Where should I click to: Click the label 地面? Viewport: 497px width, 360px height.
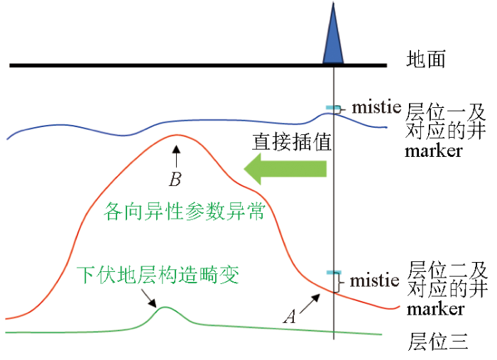click(426, 59)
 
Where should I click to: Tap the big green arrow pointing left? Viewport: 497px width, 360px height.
click(285, 169)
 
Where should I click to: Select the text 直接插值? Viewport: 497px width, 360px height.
click(292, 141)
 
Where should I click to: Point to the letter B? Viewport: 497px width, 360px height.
click(175, 180)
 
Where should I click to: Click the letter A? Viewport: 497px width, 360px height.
click(290, 316)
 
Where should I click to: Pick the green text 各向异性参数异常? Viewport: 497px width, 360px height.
click(184, 211)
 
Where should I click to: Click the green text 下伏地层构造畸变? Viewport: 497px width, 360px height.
click(158, 274)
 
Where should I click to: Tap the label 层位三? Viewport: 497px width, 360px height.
click(438, 342)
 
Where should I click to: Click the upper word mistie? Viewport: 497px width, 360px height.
click(376, 107)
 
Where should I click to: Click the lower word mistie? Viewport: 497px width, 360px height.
click(374, 280)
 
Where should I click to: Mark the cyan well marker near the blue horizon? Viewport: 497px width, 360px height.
click(333, 108)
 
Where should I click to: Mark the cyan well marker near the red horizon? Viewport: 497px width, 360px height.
click(334, 273)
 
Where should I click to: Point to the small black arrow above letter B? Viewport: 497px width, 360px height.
click(177, 156)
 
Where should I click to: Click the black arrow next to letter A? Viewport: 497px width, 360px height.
click(310, 304)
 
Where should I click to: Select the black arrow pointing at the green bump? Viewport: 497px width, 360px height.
click(148, 298)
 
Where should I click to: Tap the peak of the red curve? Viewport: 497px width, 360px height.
click(176, 135)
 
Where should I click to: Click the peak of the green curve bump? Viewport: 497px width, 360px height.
click(165, 307)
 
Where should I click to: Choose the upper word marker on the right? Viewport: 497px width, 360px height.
click(433, 151)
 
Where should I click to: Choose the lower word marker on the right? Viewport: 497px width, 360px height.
click(435, 310)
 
